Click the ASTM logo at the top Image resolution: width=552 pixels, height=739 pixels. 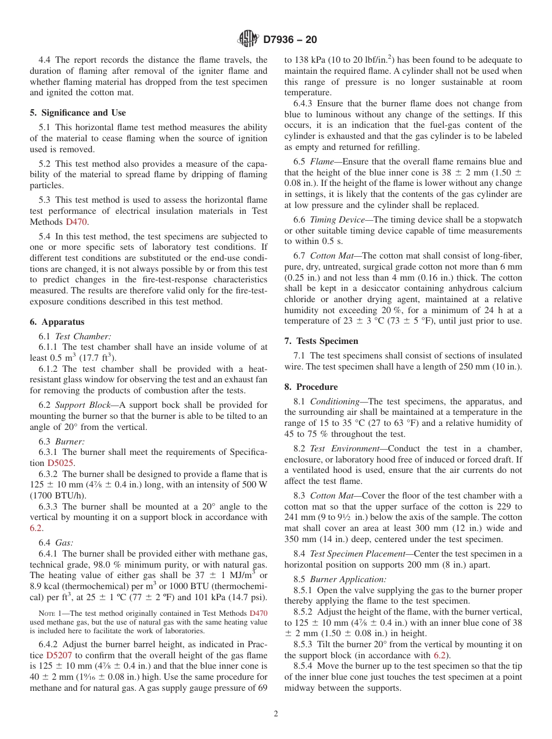pyautogui.click(x=248, y=40)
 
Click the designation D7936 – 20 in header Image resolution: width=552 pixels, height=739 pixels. pyautogui.click(x=290, y=40)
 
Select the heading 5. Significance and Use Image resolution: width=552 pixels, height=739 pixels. pyautogui.click(x=78, y=113)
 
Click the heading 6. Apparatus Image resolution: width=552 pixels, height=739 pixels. pyautogui.click(x=57, y=322)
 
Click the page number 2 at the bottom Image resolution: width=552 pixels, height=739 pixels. pyautogui.click(x=276, y=714)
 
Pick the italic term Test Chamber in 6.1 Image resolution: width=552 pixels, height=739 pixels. pyautogui.click(x=83, y=336)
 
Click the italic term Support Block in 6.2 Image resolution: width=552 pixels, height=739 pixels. pyautogui.click(x=83, y=405)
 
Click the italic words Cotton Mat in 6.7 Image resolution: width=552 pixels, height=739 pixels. pyautogui.click(x=331, y=256)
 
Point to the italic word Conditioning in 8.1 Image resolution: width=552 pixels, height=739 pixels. pyautogui.click(x=336, y=401)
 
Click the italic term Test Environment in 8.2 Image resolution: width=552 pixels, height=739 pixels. pyautogui.click(x=342, y=449)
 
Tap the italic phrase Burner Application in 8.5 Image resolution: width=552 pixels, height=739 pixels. pyautogui.click(x=347, y=579)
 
